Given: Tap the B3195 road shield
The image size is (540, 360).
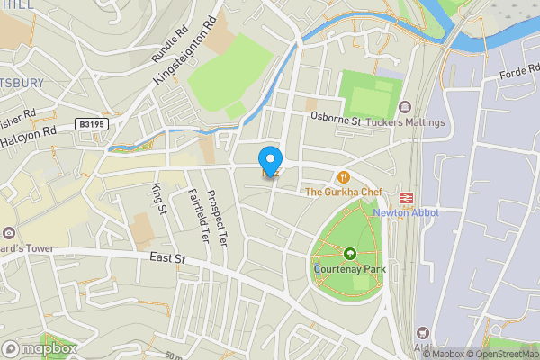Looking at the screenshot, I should pyautogui.click(x=93, y=125).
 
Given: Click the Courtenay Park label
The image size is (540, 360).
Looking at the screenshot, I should pyautogui.click(x=349, y=268).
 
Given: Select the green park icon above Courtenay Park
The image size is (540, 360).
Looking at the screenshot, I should pyautogui.click(x=349, y=254).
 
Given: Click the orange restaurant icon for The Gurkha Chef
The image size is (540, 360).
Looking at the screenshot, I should pyautogui.click(x=343, y=176).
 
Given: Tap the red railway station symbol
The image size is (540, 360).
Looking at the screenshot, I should pyautogui.click(x=406, y=196).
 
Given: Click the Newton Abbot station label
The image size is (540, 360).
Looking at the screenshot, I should pyautogui.click(x=406, y=212).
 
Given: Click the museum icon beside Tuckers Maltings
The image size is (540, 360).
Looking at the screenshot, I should pyautogui.click(x=402, y=107).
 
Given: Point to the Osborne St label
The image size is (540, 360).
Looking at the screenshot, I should pyautogui.click(x=335, y=118).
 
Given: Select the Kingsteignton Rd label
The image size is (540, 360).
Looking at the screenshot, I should pyautogui.click(x=186, y=50).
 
